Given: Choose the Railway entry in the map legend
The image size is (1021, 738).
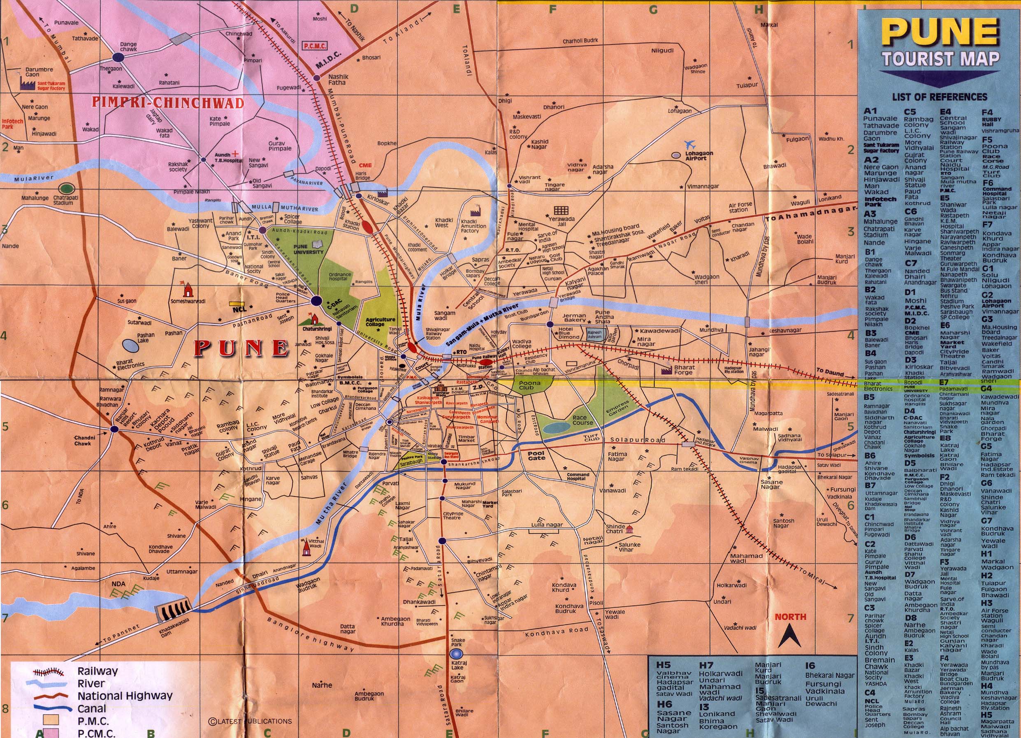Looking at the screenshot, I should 97,671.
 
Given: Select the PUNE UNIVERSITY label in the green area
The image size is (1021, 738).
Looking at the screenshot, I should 308,249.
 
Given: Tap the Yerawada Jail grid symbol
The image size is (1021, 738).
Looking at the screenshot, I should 561,210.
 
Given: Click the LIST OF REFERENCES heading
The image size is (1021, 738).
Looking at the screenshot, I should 939,97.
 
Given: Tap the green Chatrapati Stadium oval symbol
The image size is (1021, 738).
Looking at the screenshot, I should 67,188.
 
